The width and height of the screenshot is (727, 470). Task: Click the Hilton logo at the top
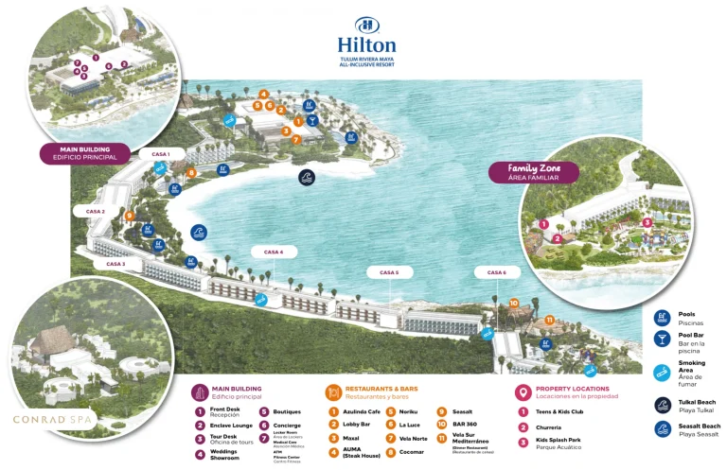(366, 38)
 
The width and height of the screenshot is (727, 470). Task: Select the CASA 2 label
(96, 212)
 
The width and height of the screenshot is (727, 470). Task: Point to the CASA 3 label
(115, 264)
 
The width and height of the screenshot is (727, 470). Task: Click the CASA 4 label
(274, 252)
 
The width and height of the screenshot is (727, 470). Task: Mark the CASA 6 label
(497, 272)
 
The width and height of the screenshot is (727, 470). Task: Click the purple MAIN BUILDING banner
(84, 153)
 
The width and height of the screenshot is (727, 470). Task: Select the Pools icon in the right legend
(662, 316)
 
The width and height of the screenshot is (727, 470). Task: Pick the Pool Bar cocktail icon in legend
(662, 339)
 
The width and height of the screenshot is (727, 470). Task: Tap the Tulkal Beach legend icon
(662, 405)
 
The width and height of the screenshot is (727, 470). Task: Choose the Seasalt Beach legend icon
(662, 428)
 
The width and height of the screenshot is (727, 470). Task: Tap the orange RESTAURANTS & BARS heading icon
(332, 392)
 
